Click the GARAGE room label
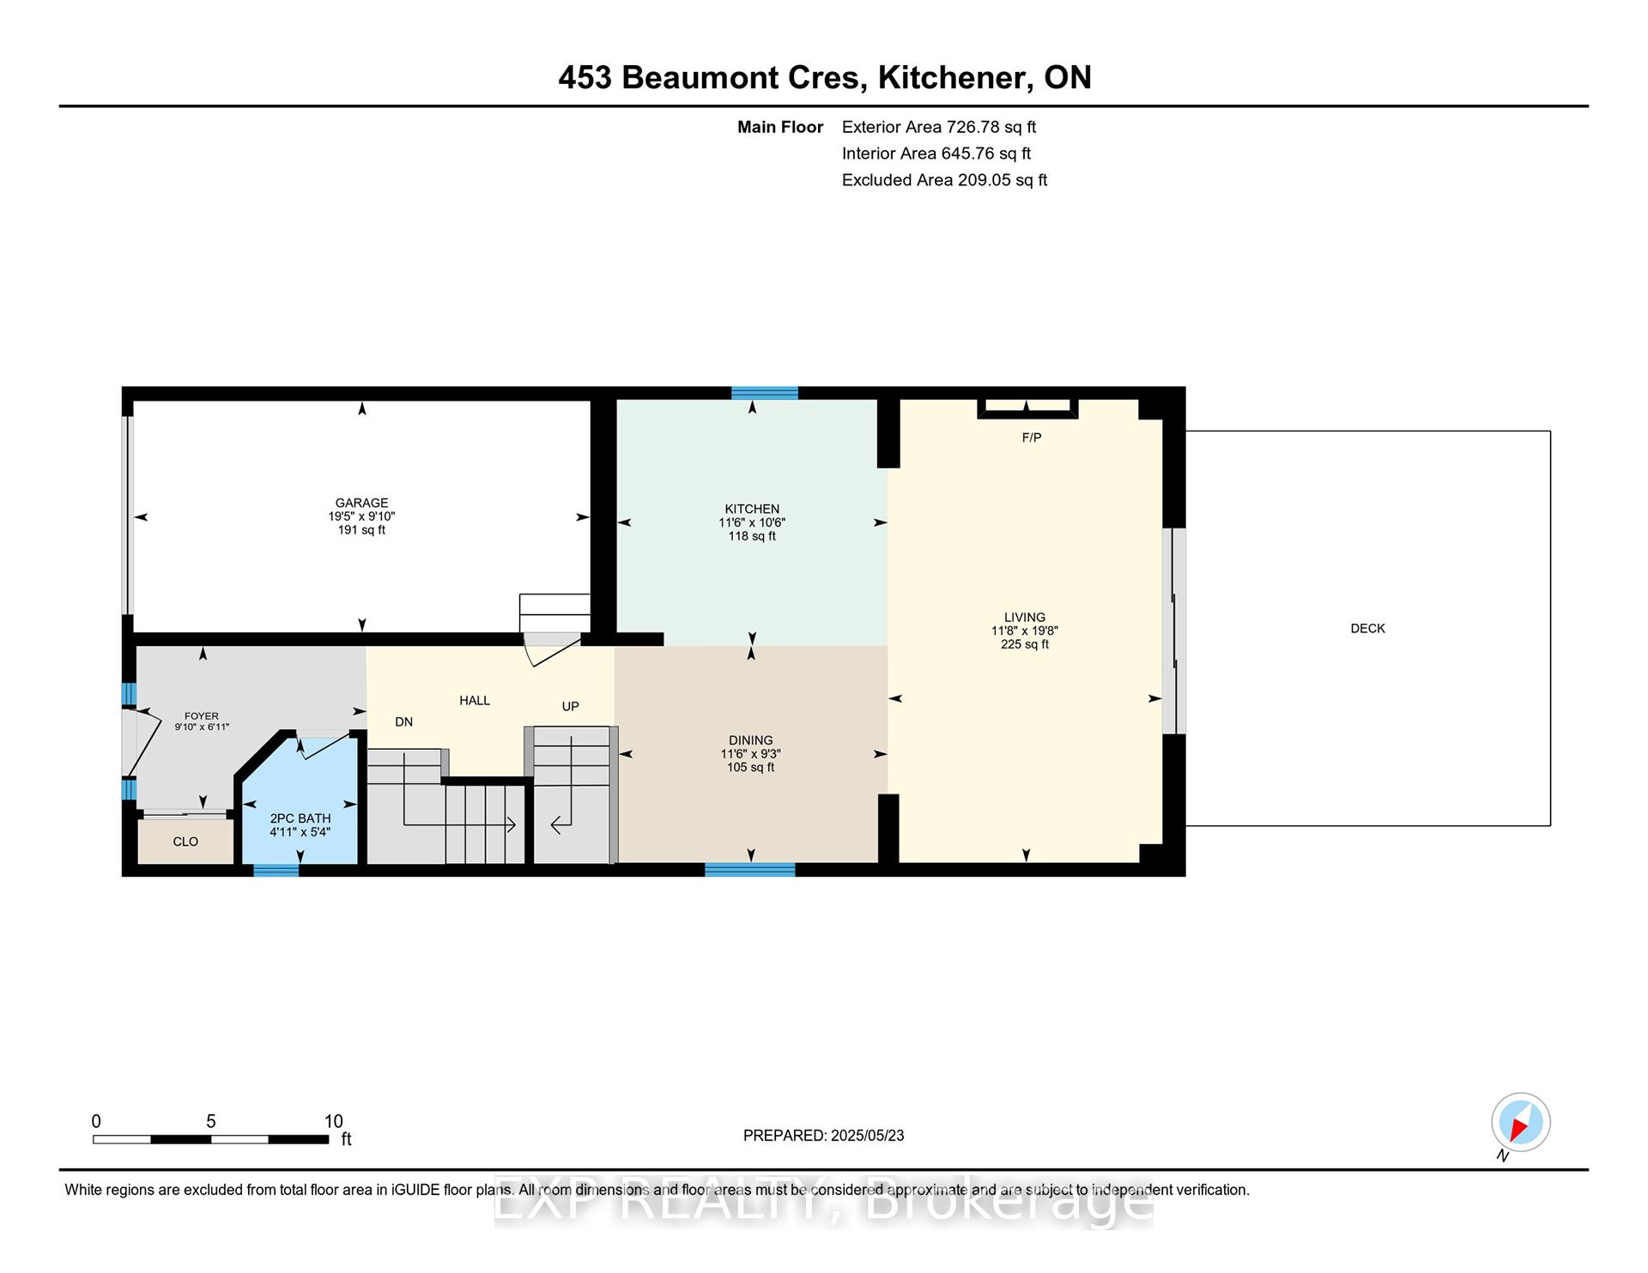pyautogui.click(x=361, y=504)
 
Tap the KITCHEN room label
pyautogui.click(x=752, y=510)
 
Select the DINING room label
pyautogui.click(x=751, y=740)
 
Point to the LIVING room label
pyautogui.click(x=1025, y=618)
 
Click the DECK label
pyautogui.click(x=1368, y=629)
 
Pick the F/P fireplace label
pyautogui.click(x=1032, y=437)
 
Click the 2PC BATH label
pyautogui.click(x=300, y=819)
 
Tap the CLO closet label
pyautogui.click(x=185, y=842)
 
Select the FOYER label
pyautogui.click(x=202, y=716)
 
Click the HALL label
pyautogui.click(x=475, y=701)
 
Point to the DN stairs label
pyautogui.click(x=404, y=722)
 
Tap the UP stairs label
pyautogui.click(x=571, y=707)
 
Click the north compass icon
pyautogui.click(x=1520, y=1122)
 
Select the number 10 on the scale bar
pyautogui.click(x=334, y=1121)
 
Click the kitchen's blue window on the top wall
pyautogui.click(x=765, y=394)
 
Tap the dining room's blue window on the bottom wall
pyautogui.click(x=750, y=870)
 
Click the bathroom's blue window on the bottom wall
pyautogui.click(x=276, y=871)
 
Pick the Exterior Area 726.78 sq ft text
pyautogui.click(x=939, y=127)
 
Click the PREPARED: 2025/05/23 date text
pyautogui.click(x=824, y=1136)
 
